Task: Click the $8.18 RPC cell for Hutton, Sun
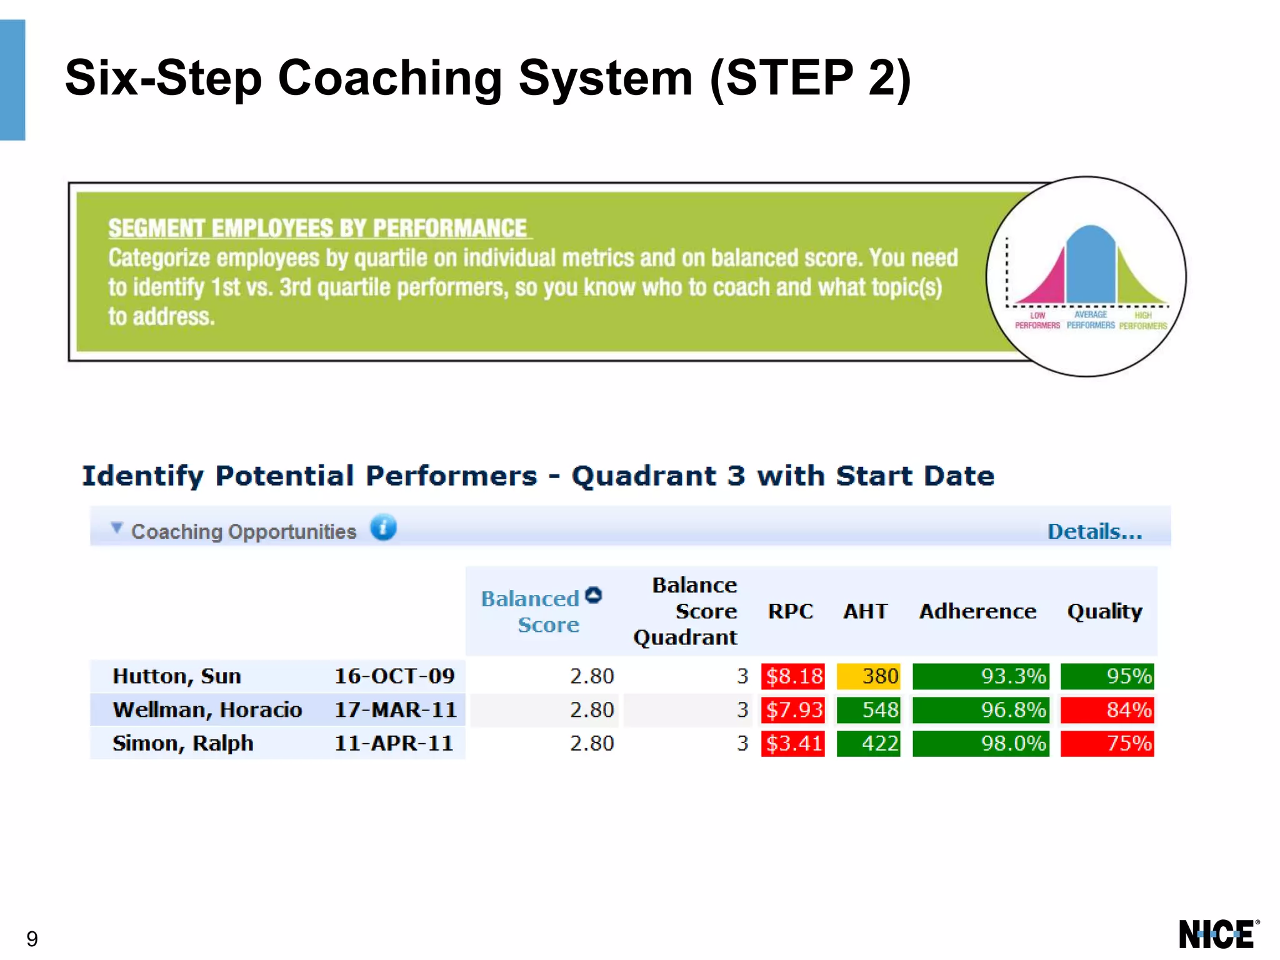pos(792,676)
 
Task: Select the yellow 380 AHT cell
pos(868,676)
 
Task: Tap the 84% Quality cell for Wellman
pos(1107,710)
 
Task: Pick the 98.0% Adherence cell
pos(980,744)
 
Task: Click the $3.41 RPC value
pos(792,744)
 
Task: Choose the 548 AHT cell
pos(868,710)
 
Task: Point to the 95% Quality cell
pos(1107,676)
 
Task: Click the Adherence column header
pos(977,611)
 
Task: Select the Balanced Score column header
pos(531,612)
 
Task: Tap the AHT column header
pos(865,611)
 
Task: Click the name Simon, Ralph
pos(182,744)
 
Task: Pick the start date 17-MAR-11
pos(395,710)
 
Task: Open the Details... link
pos(1094,532)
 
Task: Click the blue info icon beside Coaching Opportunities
pos(383,527)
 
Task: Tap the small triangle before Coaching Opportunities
pos(116,529)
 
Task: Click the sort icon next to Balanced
pos(594,596)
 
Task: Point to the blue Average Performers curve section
pos(1091,266)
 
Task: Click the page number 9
pos(32,939)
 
